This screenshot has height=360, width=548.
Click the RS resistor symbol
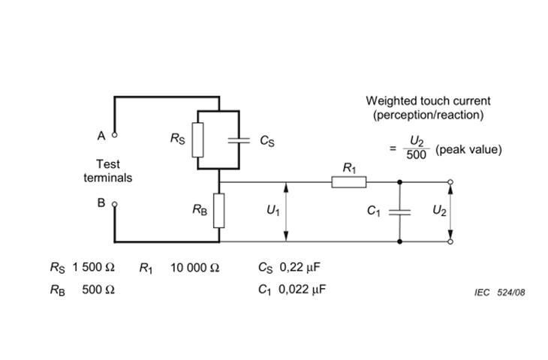pos(197,139)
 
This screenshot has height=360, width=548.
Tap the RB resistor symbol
pos(219,211)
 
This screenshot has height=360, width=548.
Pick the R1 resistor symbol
pos(349,181)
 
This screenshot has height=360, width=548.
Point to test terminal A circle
pos(115,136)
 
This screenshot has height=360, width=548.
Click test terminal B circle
pos(115,203)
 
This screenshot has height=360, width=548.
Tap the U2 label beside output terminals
pos(439,211)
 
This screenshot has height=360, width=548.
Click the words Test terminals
pos(107,171)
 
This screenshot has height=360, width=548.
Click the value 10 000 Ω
pos(194,267)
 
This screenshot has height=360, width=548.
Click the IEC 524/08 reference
pos(499,292)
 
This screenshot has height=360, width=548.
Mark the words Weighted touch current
pos(428,100)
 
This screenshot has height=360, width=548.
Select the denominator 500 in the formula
pos(417,155)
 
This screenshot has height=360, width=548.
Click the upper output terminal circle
pos(450,181)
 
